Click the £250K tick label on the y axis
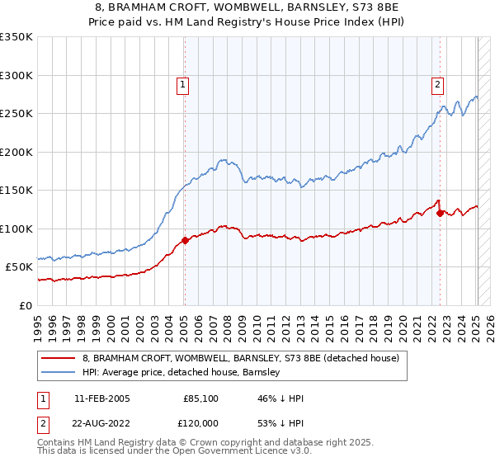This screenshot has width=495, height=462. (16, 114)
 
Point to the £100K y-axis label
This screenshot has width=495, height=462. (16, 229)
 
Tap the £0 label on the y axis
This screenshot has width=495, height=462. (25, 305)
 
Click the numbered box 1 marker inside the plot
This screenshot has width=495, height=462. (181, 83)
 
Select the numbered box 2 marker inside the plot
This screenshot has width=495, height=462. (437, 83)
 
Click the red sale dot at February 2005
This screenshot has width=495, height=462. (185, 240)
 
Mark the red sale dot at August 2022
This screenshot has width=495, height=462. (440, 213)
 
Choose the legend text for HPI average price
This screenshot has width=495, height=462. (181, 372)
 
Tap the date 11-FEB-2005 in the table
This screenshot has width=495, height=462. (101, 398)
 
